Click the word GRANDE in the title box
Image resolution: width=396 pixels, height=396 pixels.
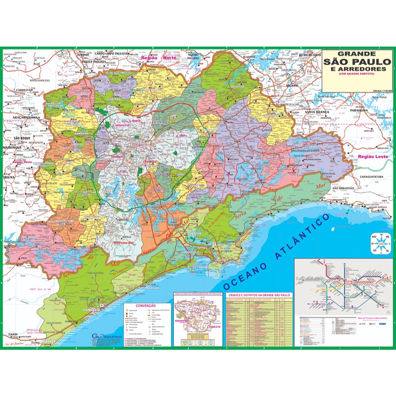[x=357, y=53]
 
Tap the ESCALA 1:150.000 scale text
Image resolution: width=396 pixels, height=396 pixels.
[x=382, y=91]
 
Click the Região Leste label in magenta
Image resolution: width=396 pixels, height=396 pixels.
[x=373, y=157]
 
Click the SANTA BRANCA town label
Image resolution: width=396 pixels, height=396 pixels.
[x=315, y=112]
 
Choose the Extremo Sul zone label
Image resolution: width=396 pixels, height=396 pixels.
[x=122, y=242]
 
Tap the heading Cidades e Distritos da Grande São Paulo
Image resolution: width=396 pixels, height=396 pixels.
[x=259, y=295]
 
